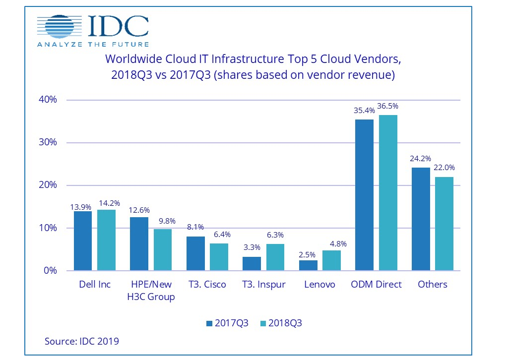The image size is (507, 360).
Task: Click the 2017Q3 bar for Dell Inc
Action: coord(83,241)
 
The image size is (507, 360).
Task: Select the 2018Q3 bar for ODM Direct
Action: coord(388,193)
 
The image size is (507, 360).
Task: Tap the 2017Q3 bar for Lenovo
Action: coord(308,265)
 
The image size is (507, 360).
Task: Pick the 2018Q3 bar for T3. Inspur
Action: coord(275,257)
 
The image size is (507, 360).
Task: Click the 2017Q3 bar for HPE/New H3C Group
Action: coord(139,244)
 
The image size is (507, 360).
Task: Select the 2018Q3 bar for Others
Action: coord(444,224)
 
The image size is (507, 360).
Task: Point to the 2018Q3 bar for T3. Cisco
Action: coord(219,257)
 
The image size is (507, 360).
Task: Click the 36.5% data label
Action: coord(388,106)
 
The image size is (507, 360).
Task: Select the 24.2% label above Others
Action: coord(421,159)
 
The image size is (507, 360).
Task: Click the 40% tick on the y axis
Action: coord(48,100)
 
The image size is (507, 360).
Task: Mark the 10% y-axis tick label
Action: coord(48,228)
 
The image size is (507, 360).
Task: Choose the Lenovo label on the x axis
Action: coord(319,285)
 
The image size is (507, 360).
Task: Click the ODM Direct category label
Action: coord(376,285)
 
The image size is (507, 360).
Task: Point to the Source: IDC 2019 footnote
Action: coord(81,341)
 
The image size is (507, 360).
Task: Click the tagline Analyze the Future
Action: coord(93,44)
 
